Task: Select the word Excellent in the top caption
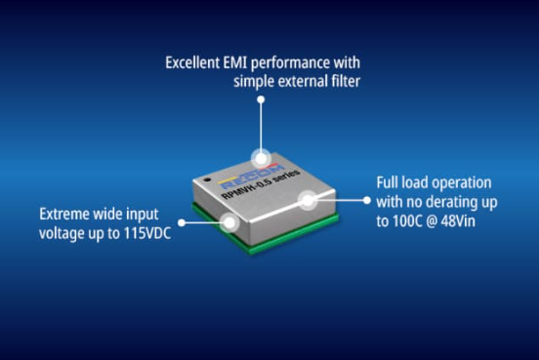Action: [x=192, y=62]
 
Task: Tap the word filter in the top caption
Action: [x=345, y=81]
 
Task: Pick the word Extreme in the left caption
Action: [x=64, y=215]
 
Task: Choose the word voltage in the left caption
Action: [x=59, y=234]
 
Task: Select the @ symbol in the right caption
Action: [x=432, y=221]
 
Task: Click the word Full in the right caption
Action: [x=387, y=182]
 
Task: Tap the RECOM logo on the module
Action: [x=252, y=178]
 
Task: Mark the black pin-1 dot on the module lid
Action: [x=207, y=180]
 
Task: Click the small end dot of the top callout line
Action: [x=262, y=100]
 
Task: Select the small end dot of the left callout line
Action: [x=182, y=222]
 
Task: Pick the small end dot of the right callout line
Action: [x=367, y=200]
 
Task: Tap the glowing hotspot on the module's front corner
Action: [x=229, y=222]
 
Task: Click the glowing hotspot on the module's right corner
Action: [x=308, y=200]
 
